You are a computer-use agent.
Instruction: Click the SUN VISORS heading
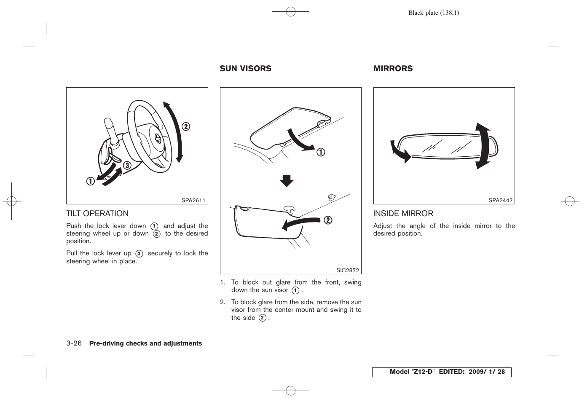coord(245,69)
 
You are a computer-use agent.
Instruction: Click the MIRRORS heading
coord(393,69)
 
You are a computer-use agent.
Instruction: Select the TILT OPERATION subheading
coord(97,214)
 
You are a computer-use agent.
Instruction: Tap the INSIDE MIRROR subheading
coord(403,214)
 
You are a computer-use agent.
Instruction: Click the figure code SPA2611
coord(193,201)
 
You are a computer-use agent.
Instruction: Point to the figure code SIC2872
coord(347,271)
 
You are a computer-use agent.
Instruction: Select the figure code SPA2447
coord(500,201)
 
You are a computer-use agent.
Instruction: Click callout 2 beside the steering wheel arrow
coord(185,127)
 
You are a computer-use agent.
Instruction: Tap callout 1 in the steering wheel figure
coord(90,182)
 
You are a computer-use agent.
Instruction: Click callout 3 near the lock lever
coord(126,166)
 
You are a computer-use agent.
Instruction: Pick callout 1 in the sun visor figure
coord(321,152)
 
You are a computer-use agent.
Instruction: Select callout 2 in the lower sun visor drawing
coord(327,220)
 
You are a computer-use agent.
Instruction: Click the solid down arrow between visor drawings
coord(287,181)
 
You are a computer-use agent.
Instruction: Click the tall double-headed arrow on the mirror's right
coord(483,146)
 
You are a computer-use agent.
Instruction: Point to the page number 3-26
coord(74,343)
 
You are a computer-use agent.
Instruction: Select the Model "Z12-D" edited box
coord(441,372)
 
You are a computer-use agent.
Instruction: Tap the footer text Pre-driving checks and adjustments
coord(145,343)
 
